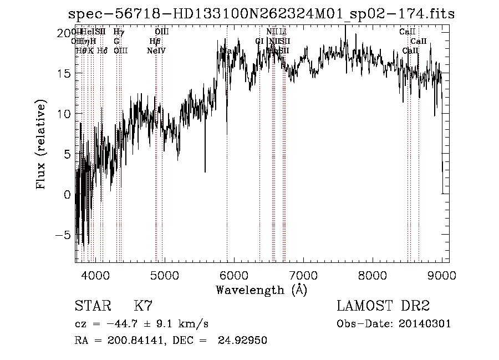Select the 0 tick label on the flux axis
[x=67, y=195]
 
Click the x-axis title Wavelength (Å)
[x=261, y=290]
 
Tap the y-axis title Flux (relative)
[x=41, y=145]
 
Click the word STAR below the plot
[x=93, y=306]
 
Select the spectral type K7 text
[x=143, y=306]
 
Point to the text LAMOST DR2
[x=383, y=306]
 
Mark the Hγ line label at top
[x=119, y=32]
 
